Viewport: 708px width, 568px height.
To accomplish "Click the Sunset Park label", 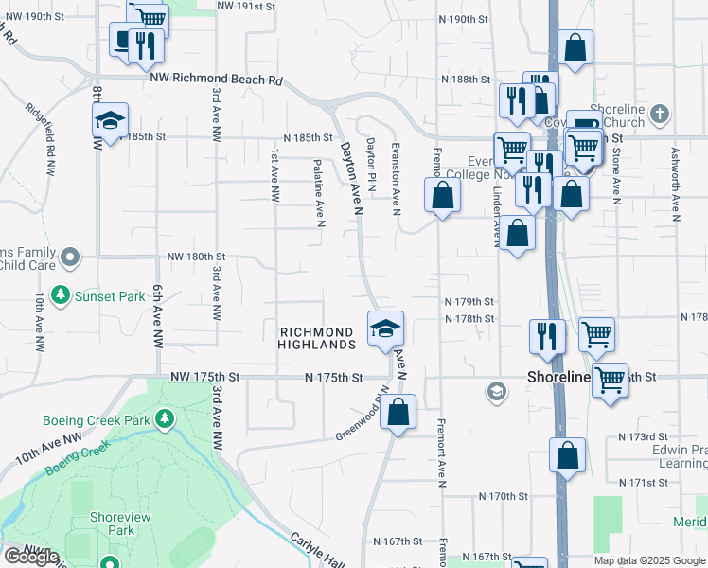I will coord(111,296).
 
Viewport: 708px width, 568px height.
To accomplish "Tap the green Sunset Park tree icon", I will coord(62,295).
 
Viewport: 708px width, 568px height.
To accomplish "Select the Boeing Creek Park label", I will coord(97,420).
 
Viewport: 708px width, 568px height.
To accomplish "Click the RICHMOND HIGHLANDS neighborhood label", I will coord(317,338).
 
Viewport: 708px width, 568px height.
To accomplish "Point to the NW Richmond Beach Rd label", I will coord(216,80).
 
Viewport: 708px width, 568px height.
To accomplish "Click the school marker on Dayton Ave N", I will coord(385,328).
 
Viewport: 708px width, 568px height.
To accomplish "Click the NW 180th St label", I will coord(197,257).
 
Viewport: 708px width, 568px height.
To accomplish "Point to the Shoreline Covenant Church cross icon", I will coord(660,115).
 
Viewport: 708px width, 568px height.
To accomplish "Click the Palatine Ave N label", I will coord(319,193).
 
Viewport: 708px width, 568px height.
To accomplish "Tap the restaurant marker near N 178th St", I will coord(548,337).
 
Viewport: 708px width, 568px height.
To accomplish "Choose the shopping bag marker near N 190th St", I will coord(575,48).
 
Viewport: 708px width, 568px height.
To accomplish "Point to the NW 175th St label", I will coord(206,377).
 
